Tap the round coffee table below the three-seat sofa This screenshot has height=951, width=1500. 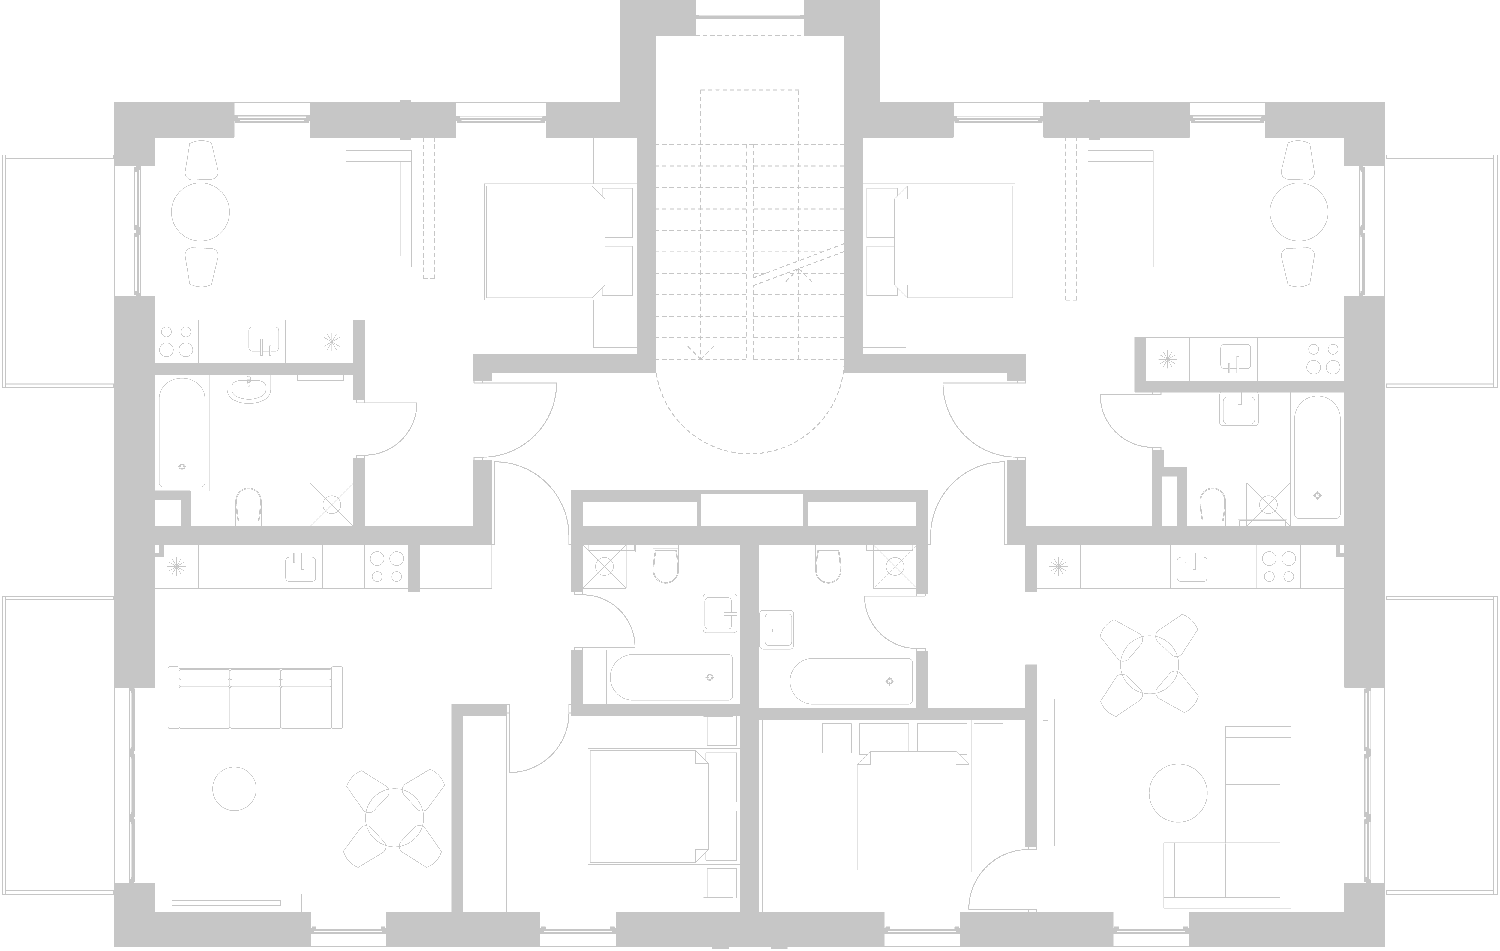[x=234, y=788]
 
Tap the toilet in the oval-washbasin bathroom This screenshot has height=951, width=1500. [x=249, y=506]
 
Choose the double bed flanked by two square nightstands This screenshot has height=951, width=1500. [x=913, y=810]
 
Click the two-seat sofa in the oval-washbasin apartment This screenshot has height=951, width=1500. [x=378, y=209]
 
